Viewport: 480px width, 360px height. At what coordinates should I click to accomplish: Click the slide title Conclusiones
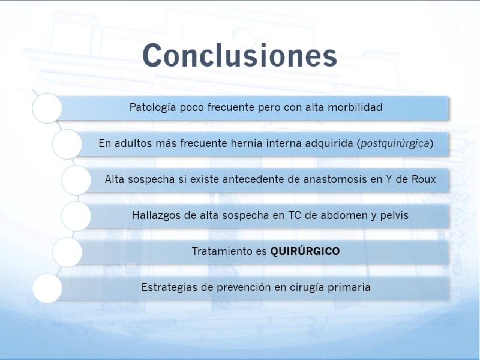click(239, 55)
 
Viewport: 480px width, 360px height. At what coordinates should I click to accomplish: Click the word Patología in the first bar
click(152, 108)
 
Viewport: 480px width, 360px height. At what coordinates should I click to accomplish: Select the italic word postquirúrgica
click(395, 143)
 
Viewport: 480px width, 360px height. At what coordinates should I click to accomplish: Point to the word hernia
click(246, 143)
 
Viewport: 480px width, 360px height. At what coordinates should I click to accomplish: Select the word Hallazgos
click(156, 216)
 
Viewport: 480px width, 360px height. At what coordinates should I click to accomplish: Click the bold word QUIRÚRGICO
click(305, 251)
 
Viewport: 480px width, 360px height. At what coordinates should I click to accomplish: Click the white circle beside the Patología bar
click(47, 109)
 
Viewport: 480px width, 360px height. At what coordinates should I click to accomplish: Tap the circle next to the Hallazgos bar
click(76, 216)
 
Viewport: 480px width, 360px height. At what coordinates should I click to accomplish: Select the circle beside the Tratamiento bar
click(67, 252)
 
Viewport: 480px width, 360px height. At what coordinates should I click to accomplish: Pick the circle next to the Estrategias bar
click(47, 289)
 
